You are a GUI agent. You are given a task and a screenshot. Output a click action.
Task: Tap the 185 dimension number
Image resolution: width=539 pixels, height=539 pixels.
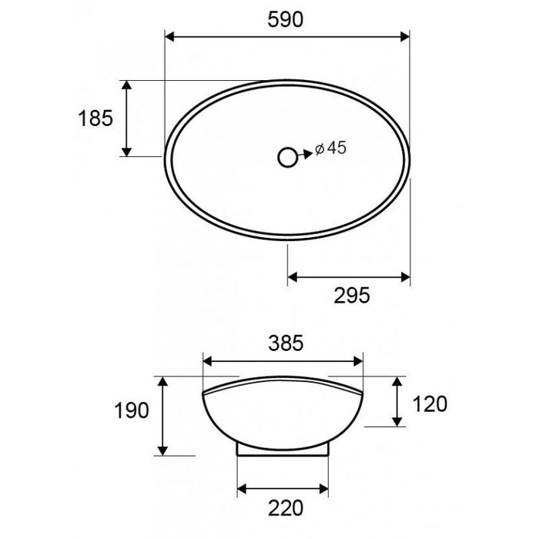(x=95, y=118)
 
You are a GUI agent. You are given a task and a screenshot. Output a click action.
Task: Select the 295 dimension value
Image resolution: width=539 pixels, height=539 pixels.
(x=353, y=293)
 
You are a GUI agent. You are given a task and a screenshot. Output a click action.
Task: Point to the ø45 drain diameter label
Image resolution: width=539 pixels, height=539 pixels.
(x=331, y=149)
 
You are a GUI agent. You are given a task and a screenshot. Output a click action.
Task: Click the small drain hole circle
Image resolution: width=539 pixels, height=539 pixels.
(x=287, y=157)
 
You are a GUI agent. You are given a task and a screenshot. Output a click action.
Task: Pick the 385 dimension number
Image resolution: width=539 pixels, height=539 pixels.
(x=282, y=342)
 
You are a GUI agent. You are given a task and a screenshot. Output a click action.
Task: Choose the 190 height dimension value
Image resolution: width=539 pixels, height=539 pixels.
(x=132, y=411)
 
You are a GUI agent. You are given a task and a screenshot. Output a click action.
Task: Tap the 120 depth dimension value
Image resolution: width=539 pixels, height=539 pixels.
(x=430, y=402)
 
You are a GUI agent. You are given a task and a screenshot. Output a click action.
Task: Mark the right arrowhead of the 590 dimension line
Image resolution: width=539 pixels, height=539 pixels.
(x=405, y=35)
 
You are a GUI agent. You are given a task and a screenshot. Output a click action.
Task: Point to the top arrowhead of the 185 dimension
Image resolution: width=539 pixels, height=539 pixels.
(x=127, y=84)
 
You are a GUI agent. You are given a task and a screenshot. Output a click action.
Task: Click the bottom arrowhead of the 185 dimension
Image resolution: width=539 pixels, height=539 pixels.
(x=127, y=152)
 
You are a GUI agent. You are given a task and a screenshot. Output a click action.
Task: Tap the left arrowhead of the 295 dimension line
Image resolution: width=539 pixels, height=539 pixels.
(x=293, y=276)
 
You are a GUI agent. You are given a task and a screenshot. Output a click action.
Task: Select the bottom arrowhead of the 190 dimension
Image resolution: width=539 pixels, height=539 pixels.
(x=162, y=449)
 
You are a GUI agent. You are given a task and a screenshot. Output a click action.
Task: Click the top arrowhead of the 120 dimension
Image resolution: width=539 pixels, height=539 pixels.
(x=397, y=382)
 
